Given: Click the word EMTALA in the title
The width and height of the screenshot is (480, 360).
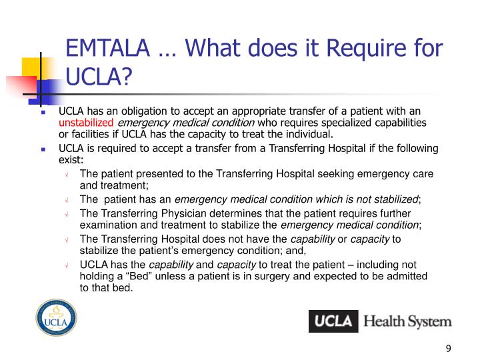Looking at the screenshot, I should (x=109, y=49).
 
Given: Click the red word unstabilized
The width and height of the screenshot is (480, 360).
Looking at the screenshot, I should (x=86, y=123).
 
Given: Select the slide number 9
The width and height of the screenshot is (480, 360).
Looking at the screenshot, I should (x=448, y=348).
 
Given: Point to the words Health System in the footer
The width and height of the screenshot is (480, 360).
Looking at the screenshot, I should (x=407, y=321).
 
